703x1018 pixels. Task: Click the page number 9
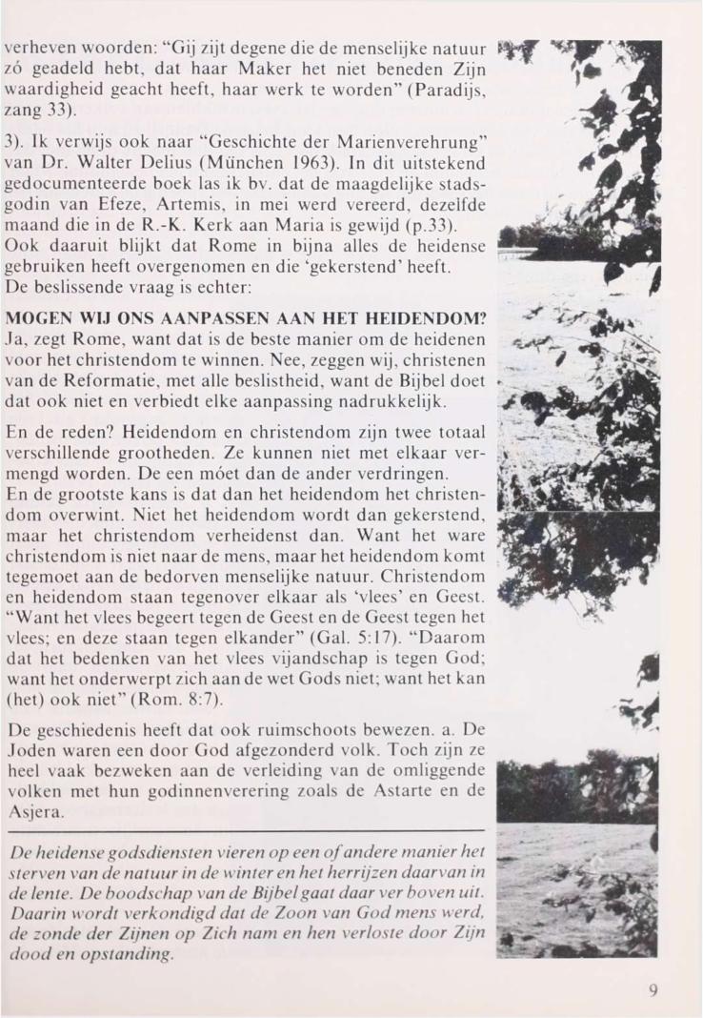653,989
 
